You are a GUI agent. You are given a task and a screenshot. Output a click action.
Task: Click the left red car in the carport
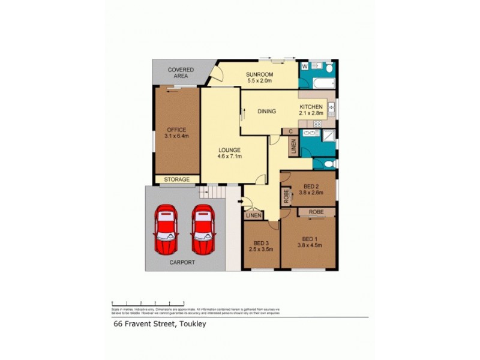(x=166, y=229)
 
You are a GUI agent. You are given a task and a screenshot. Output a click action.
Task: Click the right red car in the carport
(x=202, y=229)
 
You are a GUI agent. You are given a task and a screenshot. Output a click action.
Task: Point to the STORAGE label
(x=178, y=179)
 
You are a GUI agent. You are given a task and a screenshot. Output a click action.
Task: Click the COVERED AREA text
(x=181, y=73)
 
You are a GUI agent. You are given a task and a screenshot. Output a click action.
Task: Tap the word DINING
(x=266, y=111)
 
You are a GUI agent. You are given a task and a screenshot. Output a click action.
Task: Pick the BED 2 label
(x=311, y=186)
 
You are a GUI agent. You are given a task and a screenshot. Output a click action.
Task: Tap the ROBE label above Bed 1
(x=317, y=212)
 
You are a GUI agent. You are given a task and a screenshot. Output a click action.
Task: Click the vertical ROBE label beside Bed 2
(x=286, y=196)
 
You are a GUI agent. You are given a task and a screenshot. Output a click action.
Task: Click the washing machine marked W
(x=304, y=66)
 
